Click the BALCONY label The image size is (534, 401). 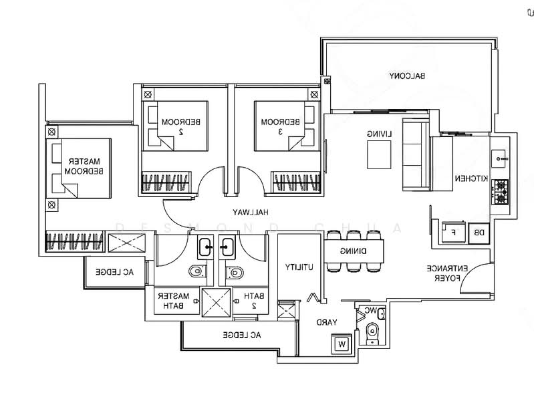pos(407,76)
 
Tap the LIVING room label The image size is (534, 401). pos(379,134)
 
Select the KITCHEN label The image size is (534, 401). pos(472,178)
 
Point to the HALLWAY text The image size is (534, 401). pos(251,212)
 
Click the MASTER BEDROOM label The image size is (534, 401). pos(84,166)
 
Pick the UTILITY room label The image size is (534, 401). pos(299,267)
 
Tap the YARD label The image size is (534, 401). pos(327,322)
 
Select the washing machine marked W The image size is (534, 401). pos(342,344)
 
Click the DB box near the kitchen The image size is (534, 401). pos(479,233)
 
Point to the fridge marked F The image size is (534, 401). pos(454,233)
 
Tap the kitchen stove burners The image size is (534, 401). pos(500,192)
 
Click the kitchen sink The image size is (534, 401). pos(499,159)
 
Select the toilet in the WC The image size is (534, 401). pos(372,333)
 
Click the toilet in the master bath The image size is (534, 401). pos(198,271)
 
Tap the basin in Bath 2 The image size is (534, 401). pos(227,247)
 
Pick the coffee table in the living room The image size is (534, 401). pos(379,154)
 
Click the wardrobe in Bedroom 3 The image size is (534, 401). pos(296,181)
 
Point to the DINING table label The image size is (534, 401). pos(354,251)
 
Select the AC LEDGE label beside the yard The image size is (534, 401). pos(242,336)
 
